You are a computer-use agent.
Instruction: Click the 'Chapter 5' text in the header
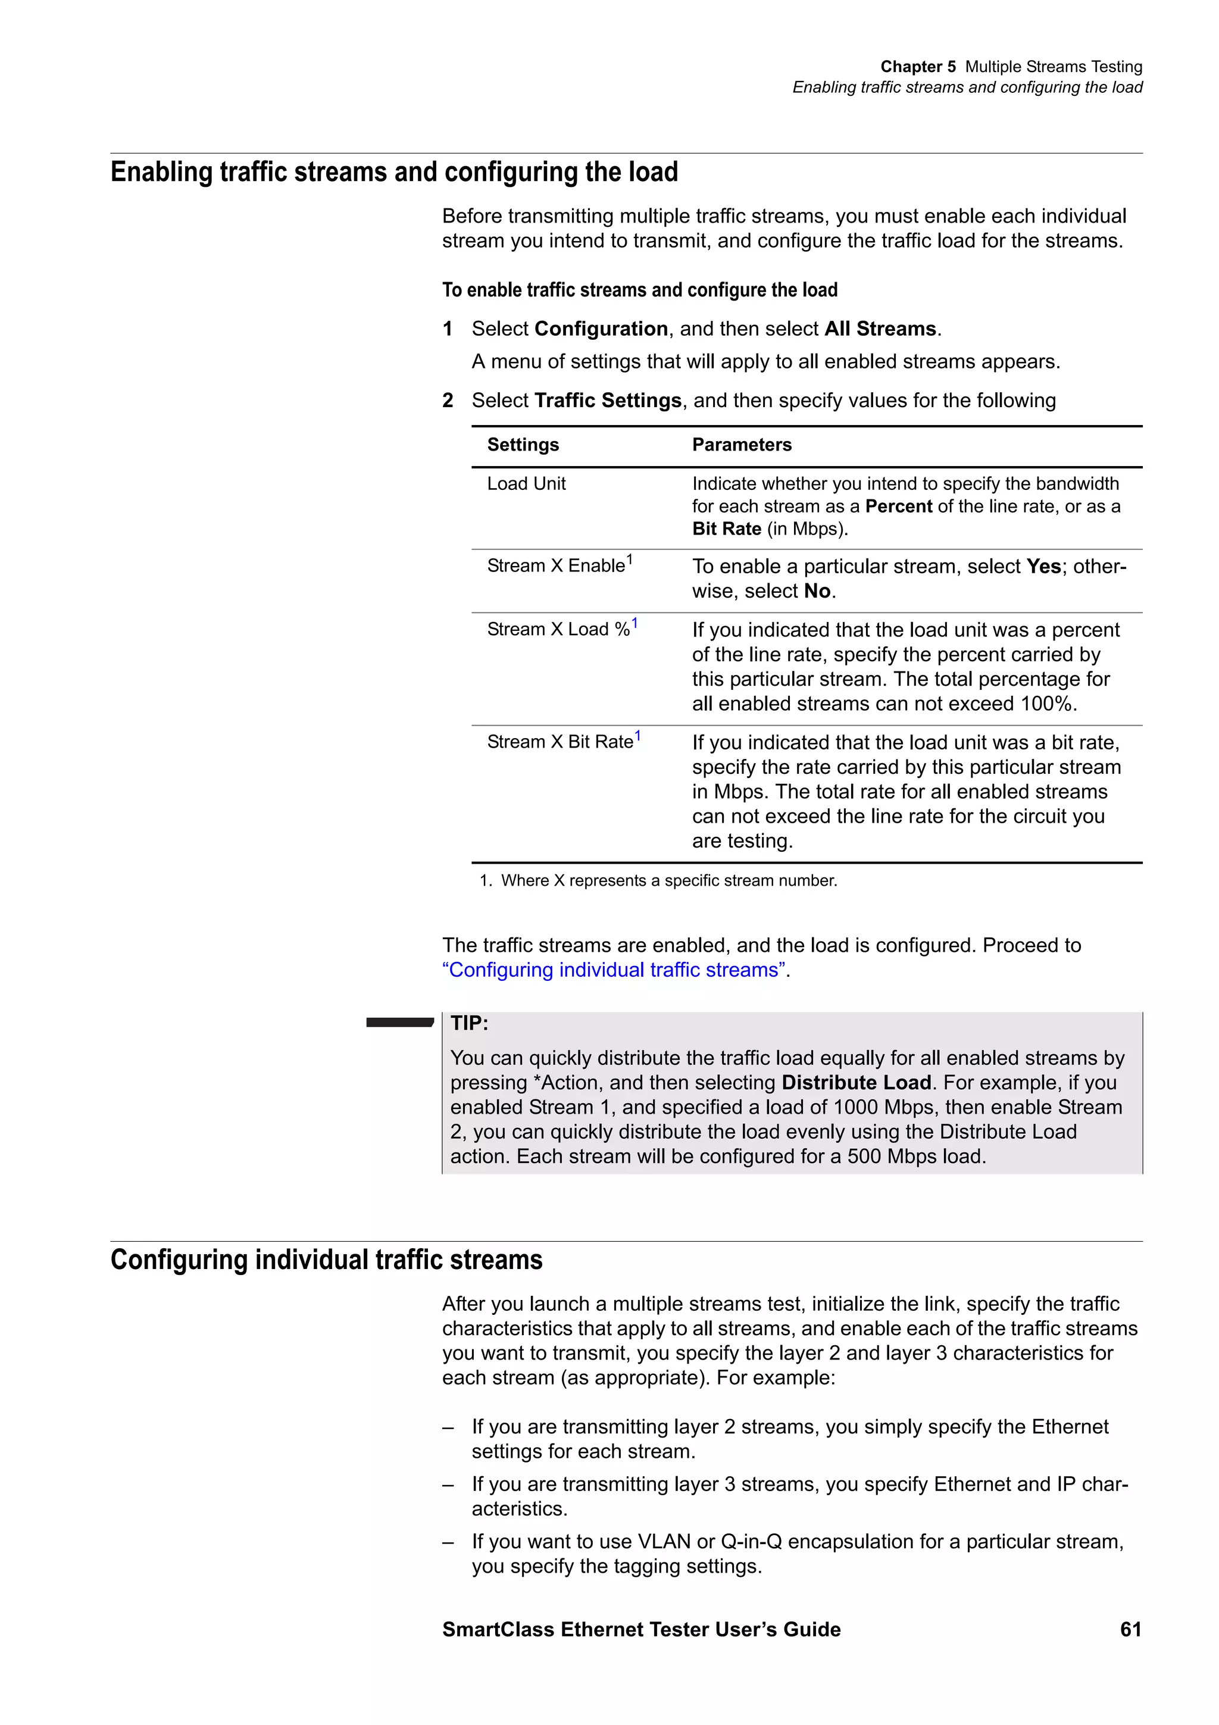[x=918, y=67]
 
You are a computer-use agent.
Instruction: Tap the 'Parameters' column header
[x=741, y=445]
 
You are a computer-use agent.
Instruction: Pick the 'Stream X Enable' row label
[x=556, y=565]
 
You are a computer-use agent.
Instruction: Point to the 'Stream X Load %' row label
[x=558, y=630]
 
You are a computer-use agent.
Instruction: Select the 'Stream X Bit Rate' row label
[x=560, y=742]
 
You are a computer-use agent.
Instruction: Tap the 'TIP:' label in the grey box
[x=470, y=1023]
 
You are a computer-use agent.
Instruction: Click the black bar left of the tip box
[x=399, y=1022]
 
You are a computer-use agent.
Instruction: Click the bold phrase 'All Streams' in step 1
[x=880, y=329]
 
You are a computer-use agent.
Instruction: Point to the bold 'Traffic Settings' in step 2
[x=608, y=401]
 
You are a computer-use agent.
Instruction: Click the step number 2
[x=448, y=401]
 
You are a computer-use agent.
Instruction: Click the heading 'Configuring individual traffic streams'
[x=326, y=1260]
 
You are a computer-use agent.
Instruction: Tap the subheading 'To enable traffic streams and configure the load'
[x=639, y=290]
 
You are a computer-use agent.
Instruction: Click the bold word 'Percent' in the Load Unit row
[x=898, y=507]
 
